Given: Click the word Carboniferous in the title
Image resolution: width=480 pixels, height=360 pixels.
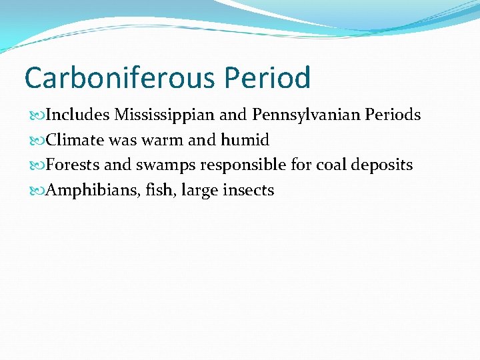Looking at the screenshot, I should pos(119,78).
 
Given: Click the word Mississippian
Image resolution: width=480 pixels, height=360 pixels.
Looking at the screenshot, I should pos(165,115).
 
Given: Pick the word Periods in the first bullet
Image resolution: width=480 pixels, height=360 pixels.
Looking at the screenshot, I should pos(394,115).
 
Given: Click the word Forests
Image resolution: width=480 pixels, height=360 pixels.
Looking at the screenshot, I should pos(74,165).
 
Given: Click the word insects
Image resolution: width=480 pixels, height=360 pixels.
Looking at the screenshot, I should pos(250,190).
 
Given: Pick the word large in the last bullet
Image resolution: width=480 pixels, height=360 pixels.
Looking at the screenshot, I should pos(202,191).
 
